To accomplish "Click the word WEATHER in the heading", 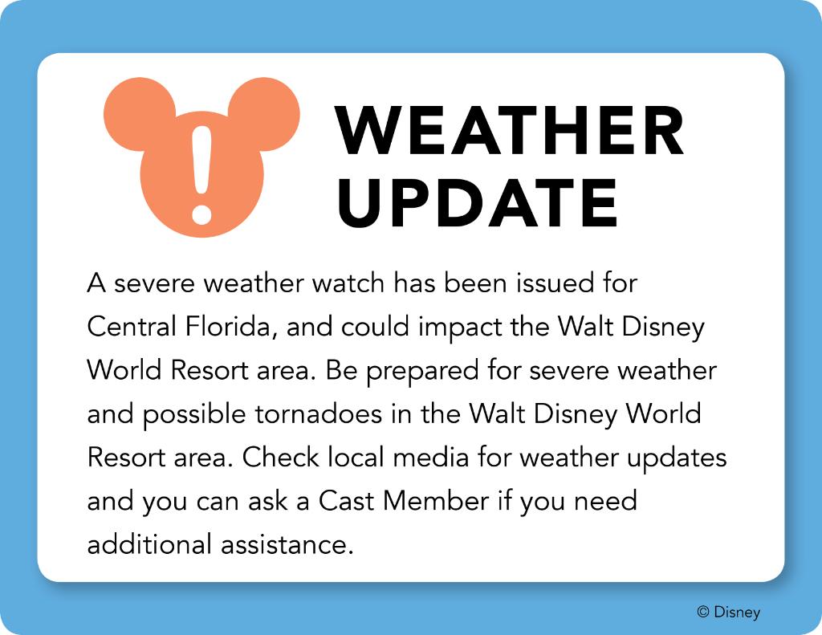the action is tap(510, 130).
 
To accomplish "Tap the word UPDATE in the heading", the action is tap(478, 203).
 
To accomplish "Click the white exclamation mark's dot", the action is tap(201, 214).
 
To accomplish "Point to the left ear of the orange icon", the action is tap(139, 114).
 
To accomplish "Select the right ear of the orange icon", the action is tap(265, 114).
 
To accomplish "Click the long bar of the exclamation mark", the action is tap(201, 160).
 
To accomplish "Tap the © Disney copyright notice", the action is tap(729, 612).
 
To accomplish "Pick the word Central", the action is tap(132, 327).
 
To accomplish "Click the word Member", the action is tap(436, 501).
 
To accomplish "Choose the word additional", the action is tap(149, 544).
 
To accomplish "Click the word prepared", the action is tap(422, 371).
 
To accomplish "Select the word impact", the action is tap(459, 328).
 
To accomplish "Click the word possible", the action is tap(194, 415).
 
